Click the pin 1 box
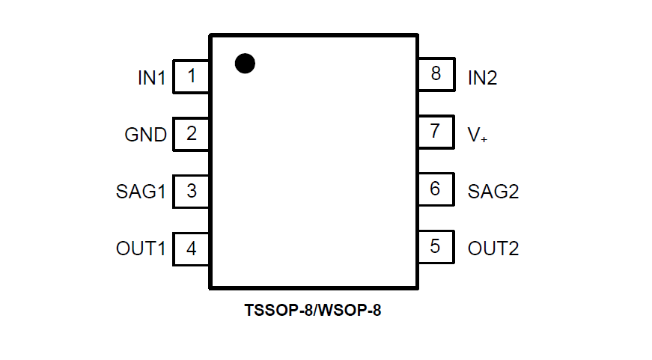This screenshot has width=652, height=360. tap(191, 76)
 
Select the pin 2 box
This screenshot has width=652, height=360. tap(191, 134)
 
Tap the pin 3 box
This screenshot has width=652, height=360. tap(191, 191)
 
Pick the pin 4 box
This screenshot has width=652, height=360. tap(191, 248)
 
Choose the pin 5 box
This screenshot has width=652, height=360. tap(436, 247)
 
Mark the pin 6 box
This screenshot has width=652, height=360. tap(436, 189)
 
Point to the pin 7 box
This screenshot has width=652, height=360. tap(436, 132)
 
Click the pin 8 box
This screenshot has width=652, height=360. tap(436, 74)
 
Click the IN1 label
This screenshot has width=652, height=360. tap(151, 77)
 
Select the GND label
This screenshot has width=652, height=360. tap(145, 135)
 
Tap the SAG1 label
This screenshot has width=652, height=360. tap(141, 192)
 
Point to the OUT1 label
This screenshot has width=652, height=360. tap(141, 249)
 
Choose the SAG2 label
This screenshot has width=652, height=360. tap(493, 192)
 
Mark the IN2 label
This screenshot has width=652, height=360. tap(483, 77)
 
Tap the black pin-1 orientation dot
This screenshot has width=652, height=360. tap(245, 64)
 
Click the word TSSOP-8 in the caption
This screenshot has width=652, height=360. tap(277, 310)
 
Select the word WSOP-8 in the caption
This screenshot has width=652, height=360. tap(347, 310)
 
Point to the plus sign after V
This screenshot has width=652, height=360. tap(484, 139)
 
